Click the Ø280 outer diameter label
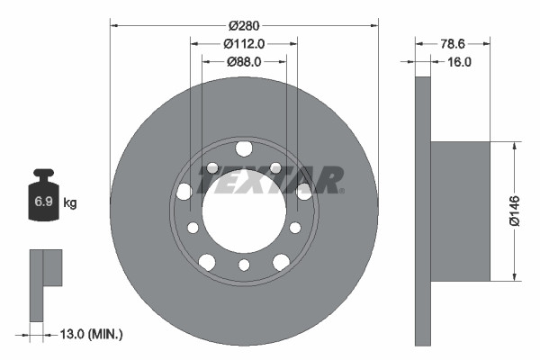[x=244, y=25]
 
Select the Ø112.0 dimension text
[x=244, y=44]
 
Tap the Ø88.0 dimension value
[x=244, y=62]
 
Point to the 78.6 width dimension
[x=453, y=43]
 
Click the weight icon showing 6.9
[x=43, y=200]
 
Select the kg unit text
[x=70, y=203]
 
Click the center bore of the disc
[x=243, y=211]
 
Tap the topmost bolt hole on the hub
[x=243, y=148]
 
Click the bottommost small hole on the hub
[x=244, y=265]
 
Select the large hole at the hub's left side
[x=184, y=191]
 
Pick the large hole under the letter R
[x=303, y=190]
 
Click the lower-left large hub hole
[x=206, y=262]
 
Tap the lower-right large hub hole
[x=281, y=262]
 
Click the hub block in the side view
[x=460, y=210]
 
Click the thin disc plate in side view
[x=422, y=210]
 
